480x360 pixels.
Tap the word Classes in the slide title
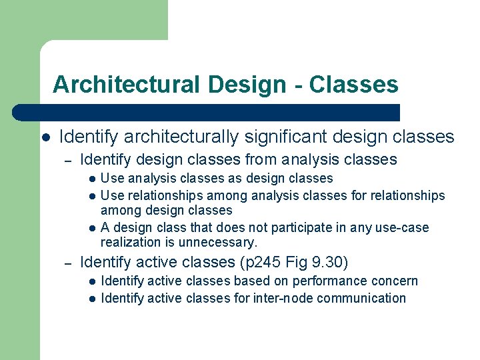(354, 85)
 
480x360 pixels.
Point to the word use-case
(403, 228)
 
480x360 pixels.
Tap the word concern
(396, 281)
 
